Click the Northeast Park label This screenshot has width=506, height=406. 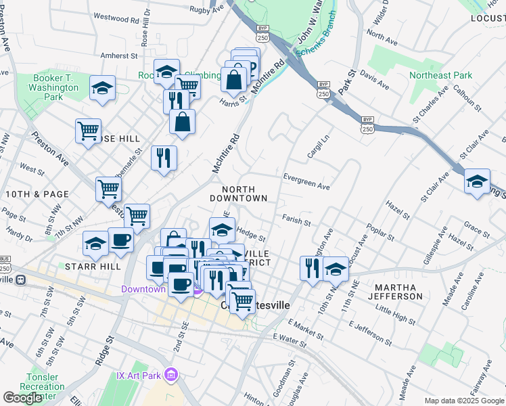(x=444, y=76)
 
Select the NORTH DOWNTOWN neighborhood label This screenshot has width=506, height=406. (x=238, y=194)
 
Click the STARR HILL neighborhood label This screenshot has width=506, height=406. (x=93, y=267)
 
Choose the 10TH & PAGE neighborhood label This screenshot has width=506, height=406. (x=37, y=194)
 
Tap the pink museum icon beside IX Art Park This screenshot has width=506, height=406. (x=172, y=374)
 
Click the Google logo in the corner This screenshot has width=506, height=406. (x=22, y=398)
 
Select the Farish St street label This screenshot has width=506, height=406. (x=296, y=221)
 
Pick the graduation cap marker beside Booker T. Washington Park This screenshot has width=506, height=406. (x=102, y=88)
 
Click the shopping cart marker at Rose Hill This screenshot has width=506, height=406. (x=88, y=130)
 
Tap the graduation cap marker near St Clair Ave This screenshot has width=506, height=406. (x=477, y=181)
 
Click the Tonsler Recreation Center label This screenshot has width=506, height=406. (x=46, y=386)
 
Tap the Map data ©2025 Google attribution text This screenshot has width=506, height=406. (x=463, y=401)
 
